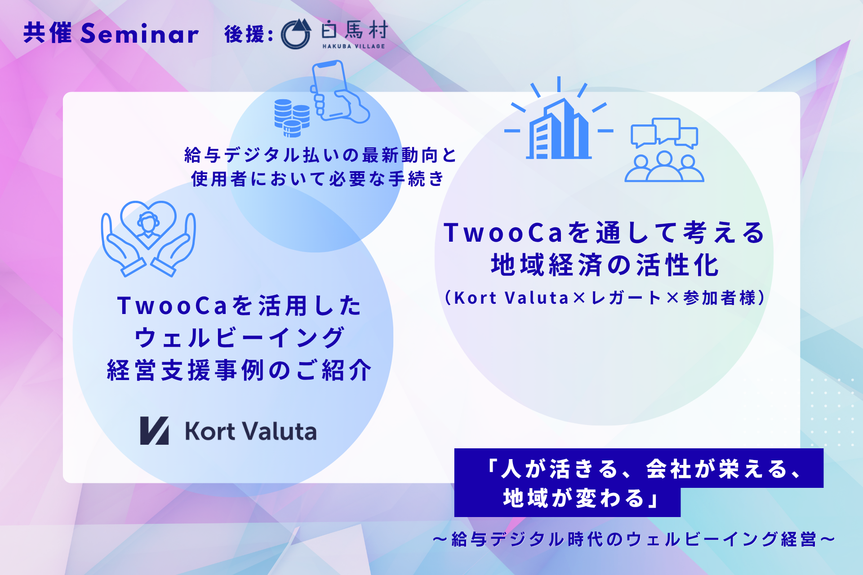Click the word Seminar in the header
pyautogui.click(x=139, y=33)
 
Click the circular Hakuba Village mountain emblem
pyautogui.click(x=296, y=34)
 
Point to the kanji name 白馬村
pyautogui.click(x=354, y=31)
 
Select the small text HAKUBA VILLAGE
pyautogui.click(x=354, y=46)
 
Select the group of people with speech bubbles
pyautogui.click(x=664, y=150)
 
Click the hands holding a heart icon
pyautogui.click(x=148, y=239)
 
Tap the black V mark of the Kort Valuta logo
pyautogui.click(x=154, y=430)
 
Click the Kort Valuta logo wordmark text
pyautogui.click(x=251, y=431)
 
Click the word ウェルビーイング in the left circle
pyautogui.click(x=240, y=338)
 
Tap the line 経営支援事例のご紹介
pyautogui.click(x=240, y=371)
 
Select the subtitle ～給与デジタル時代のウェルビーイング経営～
pyautogui.click(x=634, y=539)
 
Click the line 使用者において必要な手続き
pyautogui.click(x=318, y=179)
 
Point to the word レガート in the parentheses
pyautogui.click(x=626, y=298)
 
